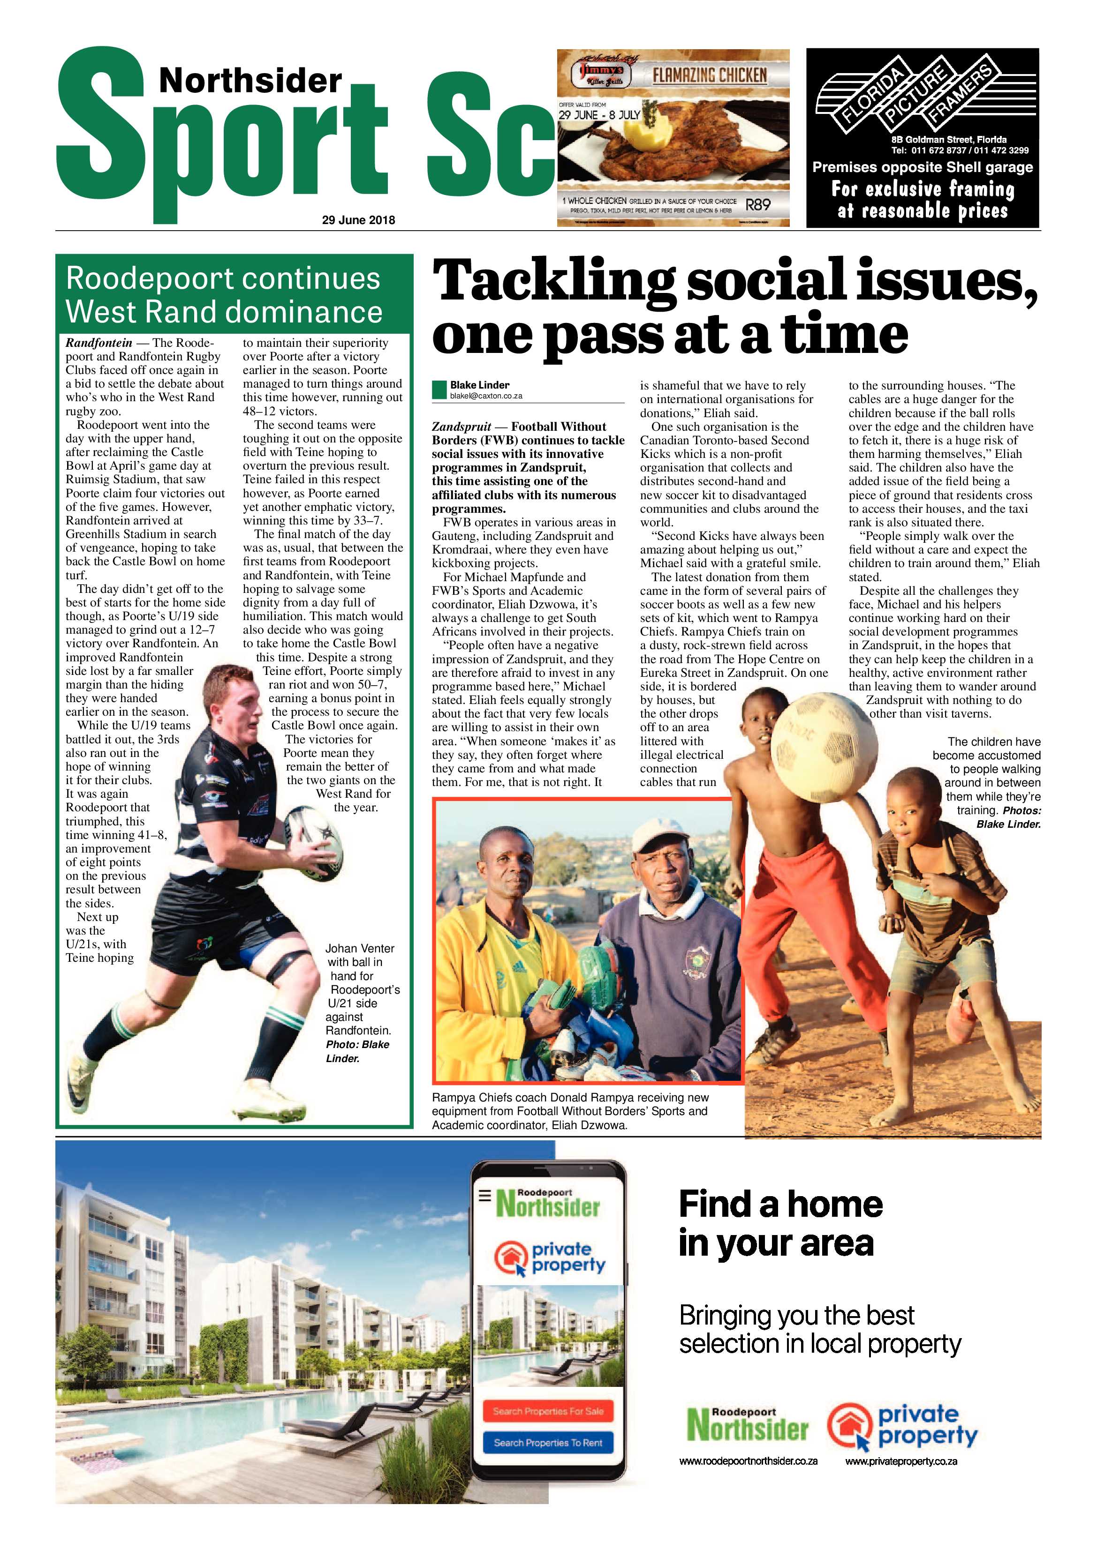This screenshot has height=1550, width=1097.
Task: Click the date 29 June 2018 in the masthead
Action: [358, 220]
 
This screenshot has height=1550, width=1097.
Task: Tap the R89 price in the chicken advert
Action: [757, 204]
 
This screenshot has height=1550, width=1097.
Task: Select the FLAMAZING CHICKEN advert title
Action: [709, 75]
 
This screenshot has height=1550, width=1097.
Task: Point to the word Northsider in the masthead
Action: [250, 82]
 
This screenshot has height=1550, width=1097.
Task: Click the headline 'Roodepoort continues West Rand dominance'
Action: [224, 295]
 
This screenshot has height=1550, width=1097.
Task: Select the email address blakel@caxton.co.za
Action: [486, 396]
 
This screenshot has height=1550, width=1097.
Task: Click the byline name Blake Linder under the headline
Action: [480, 385]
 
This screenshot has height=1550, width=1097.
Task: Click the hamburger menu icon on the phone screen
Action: [484, 1196]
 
